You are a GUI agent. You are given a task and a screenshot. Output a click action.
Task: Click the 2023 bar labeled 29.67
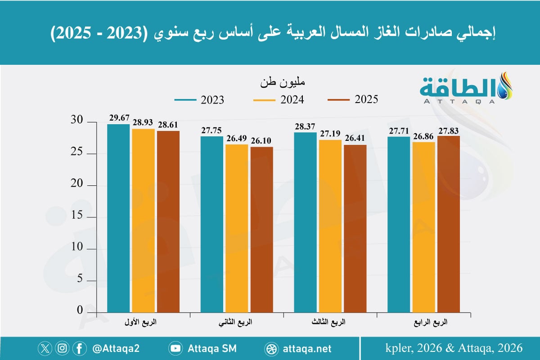pyautogui.click(x=119, y=218)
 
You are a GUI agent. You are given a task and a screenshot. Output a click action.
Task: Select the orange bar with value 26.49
pyautogui.click(x=237, y=228)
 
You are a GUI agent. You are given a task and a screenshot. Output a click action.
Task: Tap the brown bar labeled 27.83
pyautogui.click(x=449, y=224)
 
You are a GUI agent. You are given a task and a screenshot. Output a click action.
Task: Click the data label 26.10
pyautogui.click(x=261, y=141)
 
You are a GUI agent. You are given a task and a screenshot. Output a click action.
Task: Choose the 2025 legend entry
pyautogui.click(x=353, y=99)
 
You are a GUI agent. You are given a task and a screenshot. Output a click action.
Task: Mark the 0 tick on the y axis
pyautogui.click(x=80, y=311)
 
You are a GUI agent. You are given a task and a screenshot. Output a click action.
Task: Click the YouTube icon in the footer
pyautogui.click(x=175, y=348)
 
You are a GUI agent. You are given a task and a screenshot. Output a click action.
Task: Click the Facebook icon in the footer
pyautogui.click(x=79, y=348)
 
